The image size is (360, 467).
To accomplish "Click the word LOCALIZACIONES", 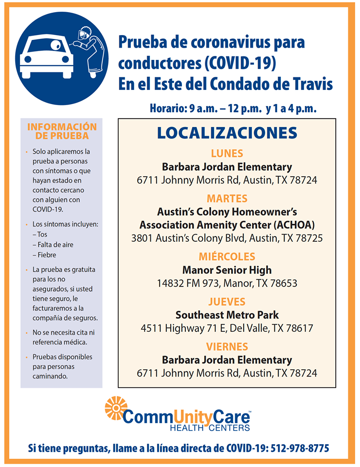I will [227, 133].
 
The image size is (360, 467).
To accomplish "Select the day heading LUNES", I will [227, 154].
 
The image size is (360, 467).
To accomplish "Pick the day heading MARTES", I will [227, 198].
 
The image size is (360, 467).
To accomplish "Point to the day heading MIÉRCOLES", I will [227, 256].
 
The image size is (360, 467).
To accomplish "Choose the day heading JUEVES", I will [227, 302].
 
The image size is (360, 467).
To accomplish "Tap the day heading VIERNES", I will [227, 347].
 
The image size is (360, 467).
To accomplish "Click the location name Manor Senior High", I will [227, 270].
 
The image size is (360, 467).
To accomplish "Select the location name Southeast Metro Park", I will [227, 315].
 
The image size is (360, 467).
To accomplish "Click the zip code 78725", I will [307, 238].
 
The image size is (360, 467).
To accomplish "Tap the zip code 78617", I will [298, 328].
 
